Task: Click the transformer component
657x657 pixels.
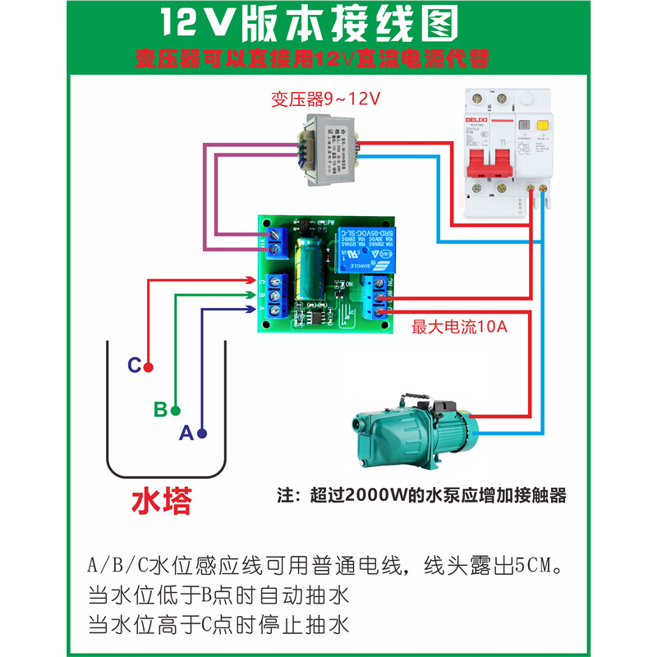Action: click(333, 151)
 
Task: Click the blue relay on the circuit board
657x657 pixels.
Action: click(363, 247)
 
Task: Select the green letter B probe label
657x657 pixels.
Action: click(160, 409)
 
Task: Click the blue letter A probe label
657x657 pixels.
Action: click(186, 433)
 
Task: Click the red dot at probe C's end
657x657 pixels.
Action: click(149, 366)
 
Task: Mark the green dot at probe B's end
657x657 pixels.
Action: click(175, 409)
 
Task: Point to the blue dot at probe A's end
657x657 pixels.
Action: click(201, 433)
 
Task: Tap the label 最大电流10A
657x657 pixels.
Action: click(460, 328)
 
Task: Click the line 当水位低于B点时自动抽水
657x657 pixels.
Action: click(218, 595)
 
